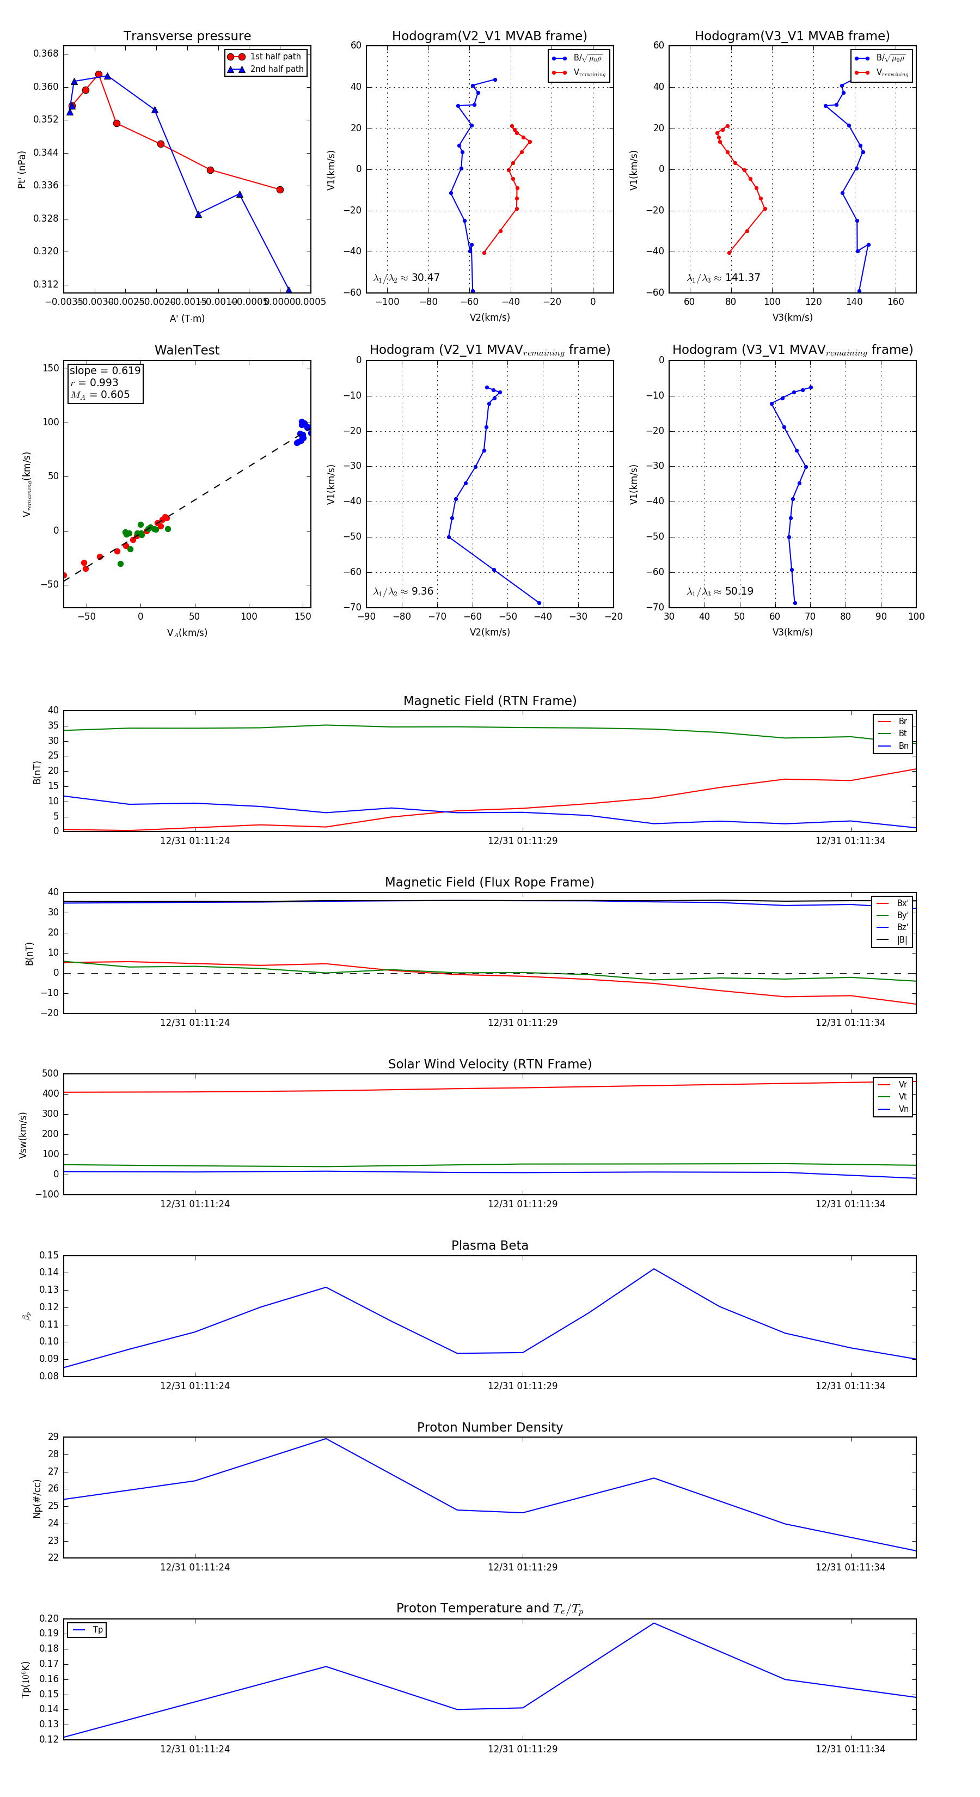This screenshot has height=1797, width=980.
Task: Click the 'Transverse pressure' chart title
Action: (187, 36)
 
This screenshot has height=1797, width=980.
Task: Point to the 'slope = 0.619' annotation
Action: (105, 370)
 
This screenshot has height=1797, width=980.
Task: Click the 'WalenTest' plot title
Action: (187, 350)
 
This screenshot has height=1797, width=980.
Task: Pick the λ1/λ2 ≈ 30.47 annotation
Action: (406, 278)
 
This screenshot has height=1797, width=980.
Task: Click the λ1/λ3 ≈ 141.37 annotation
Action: (724, 278)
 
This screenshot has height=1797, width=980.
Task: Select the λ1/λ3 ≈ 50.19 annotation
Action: (720, 591)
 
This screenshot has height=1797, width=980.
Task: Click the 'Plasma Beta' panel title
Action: (489, 1245)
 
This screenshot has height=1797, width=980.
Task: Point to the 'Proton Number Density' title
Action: (489, 1427)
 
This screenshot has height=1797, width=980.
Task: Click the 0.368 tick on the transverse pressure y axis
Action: (46, 54)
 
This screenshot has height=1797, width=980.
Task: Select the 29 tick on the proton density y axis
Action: (53, 1437)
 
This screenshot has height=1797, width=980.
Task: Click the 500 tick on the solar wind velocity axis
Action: (50, 1074)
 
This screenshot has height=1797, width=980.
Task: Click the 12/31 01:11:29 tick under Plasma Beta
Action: (523, 1385)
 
